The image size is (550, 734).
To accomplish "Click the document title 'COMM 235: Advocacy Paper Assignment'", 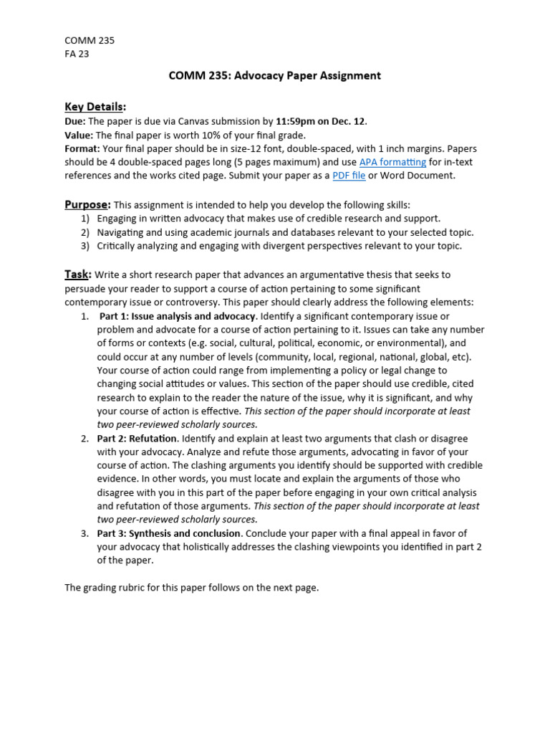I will (274, 75).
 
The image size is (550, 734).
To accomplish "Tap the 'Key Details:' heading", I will (95, 107).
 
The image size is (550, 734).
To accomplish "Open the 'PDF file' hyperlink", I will (349, 176).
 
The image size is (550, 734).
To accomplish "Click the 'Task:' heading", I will (78, 274).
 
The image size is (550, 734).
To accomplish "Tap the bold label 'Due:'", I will (75, 121).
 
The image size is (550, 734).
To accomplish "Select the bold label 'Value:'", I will (79, 135).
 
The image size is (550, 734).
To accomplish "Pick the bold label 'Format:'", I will (82, 148).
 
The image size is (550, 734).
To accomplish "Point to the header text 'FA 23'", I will (77, 54).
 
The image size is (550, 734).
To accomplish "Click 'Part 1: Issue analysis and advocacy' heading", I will (177, 316).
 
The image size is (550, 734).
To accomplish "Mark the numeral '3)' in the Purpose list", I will (85, 246).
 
